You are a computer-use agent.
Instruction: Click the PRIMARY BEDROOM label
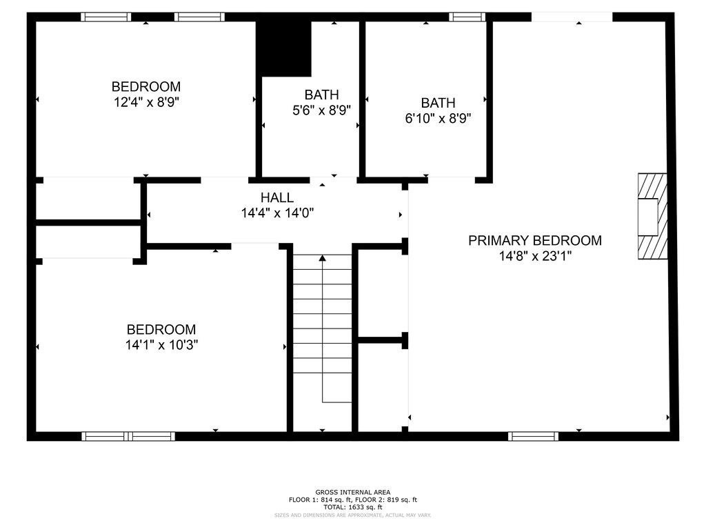pyautogui.click(x=534, y=240)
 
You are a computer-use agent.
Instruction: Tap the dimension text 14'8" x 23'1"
pyautogui.click(x=534, y=256)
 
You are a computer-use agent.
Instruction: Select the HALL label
pyautogui.click(x=276, y=198)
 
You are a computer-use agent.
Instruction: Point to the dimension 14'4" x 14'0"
pyautogui.click(x=276, y=213)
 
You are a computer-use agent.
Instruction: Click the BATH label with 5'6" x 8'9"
pyautogui.click(x=321, y=95)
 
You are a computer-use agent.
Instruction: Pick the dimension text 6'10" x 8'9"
pyautogui.click(x=438, y=118)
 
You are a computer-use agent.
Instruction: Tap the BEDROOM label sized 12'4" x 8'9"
pyautogui.click(x=146, y=87)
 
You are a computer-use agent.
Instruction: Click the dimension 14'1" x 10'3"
pyautogui.click(x=161, y=345)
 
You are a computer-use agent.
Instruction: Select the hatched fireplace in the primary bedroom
pyautogui.click(x=652, y=216)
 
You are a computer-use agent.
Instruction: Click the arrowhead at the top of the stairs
pyautogui.click(x=322, y=258)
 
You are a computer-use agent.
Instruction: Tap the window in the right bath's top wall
pyautogui.click(x=467, y=17)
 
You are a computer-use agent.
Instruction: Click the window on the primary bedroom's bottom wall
pyautogui.click(x=533, y=436)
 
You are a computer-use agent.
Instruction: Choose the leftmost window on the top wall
pyautogui.click(x=105, y=17)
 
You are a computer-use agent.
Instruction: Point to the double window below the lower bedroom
pyautogui.click(x=128, y=436)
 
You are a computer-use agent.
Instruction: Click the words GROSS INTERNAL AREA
pyautogui.click(x=352, y=492)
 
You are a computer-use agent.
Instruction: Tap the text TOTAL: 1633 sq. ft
pyautogui.click(x=352, y=507)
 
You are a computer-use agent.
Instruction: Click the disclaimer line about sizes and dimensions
pyautogui.click(x=352, y=515)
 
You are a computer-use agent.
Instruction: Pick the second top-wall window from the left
pyautogui.click(x=199, y=17)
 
